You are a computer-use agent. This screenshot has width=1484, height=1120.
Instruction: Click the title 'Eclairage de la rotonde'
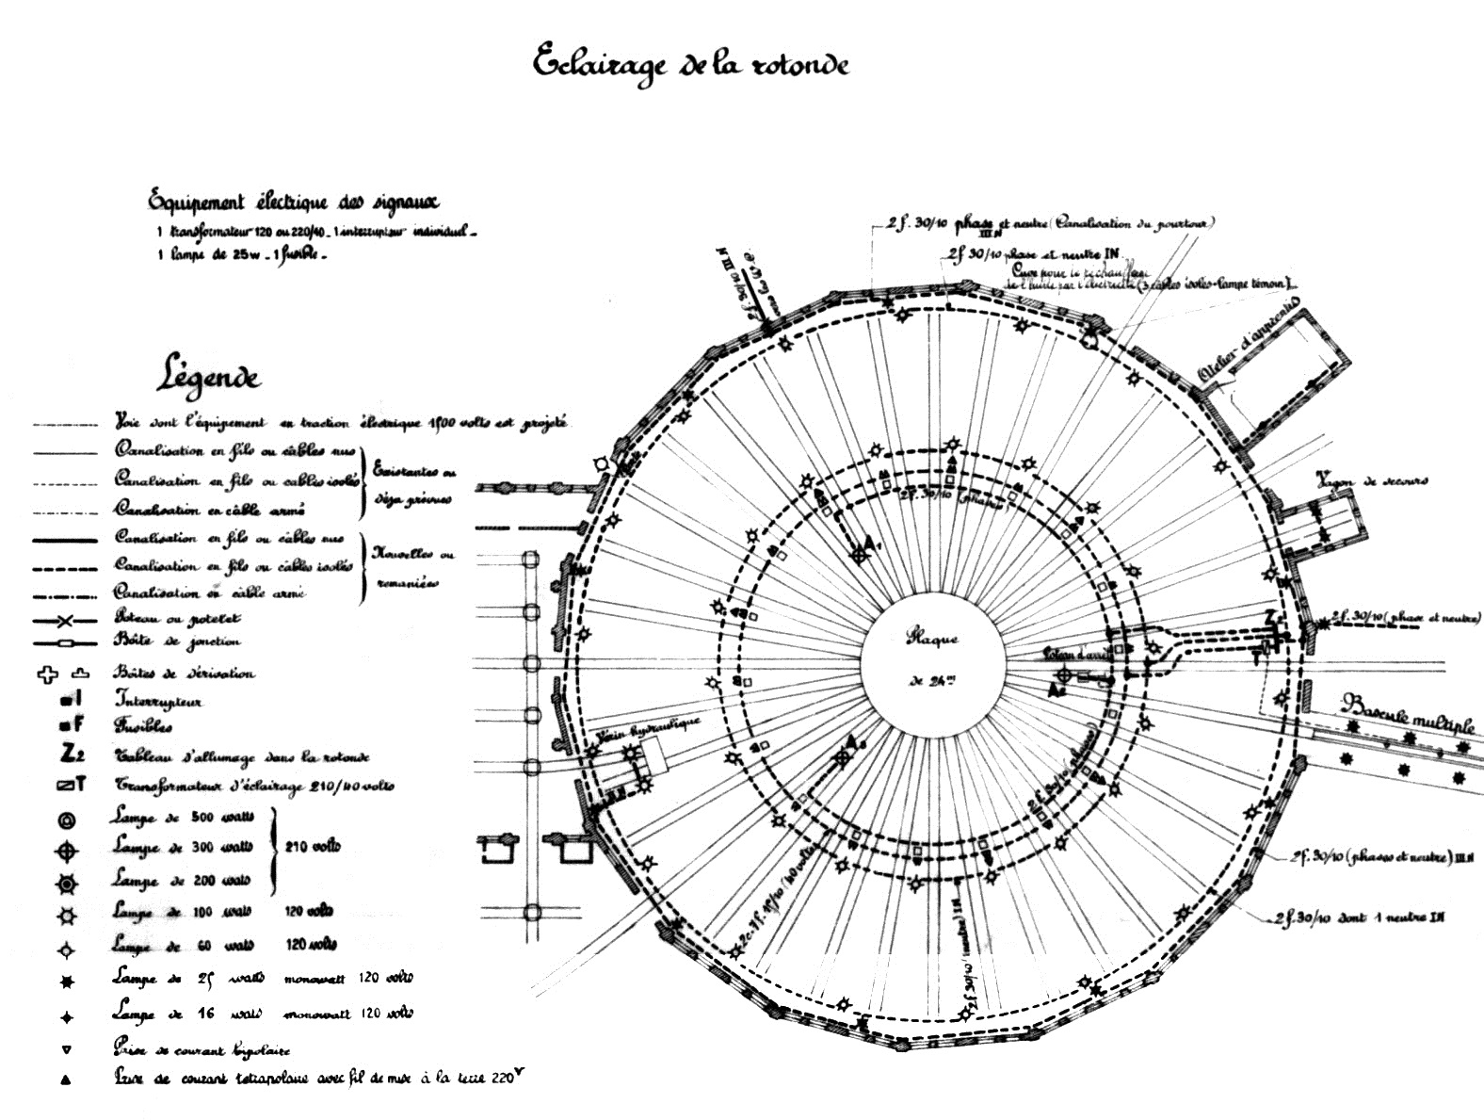[691, 64]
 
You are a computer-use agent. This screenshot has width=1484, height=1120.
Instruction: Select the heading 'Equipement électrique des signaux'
[293, 202]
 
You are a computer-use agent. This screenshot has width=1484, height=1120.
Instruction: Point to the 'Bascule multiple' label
[1408, 712]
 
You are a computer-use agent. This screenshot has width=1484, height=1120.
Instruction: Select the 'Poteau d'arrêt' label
[1077, 653]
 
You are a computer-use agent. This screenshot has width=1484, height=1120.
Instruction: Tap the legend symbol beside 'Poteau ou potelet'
[64, 621]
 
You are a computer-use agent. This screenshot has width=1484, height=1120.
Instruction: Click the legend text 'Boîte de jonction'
[176, 642]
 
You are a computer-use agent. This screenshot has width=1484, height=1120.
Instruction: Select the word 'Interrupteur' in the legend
[158, 700]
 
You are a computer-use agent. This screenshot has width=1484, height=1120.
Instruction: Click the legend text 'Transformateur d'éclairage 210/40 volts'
[254, 786]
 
